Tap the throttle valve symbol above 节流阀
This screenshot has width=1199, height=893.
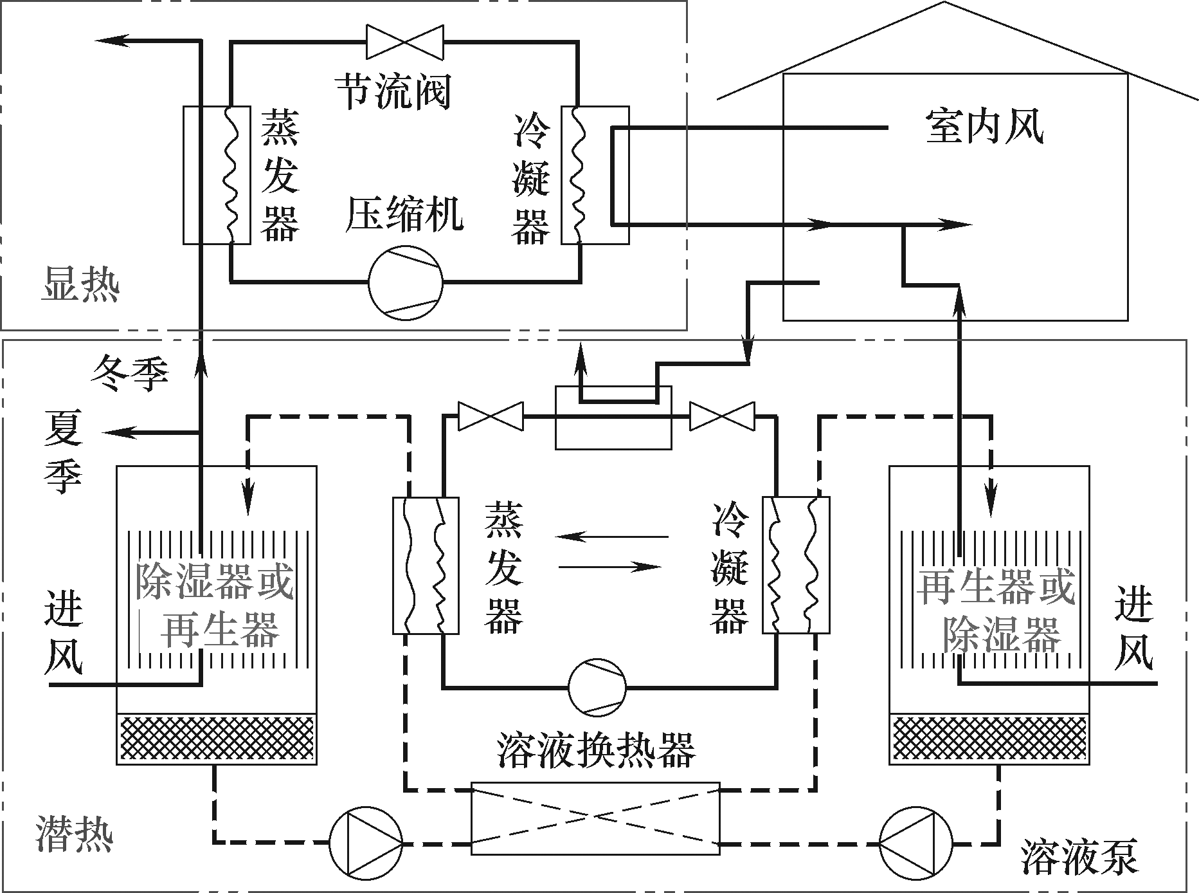coord(404,42)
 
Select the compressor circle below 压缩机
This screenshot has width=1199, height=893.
coord(406,282)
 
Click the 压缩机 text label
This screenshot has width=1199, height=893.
coord(404,214)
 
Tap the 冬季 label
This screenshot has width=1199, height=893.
coord(131,373)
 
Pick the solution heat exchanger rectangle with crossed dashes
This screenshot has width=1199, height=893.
coord(595,818)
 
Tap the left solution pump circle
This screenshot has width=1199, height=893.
coord(366,843)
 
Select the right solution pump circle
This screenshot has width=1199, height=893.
coord(917,843)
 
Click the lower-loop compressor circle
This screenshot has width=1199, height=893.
coord(597,686)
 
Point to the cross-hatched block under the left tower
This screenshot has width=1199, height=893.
coord(217,739)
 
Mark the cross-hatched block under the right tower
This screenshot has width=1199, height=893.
coord(989,739)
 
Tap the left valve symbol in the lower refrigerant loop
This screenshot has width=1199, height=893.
coord(491,416)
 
